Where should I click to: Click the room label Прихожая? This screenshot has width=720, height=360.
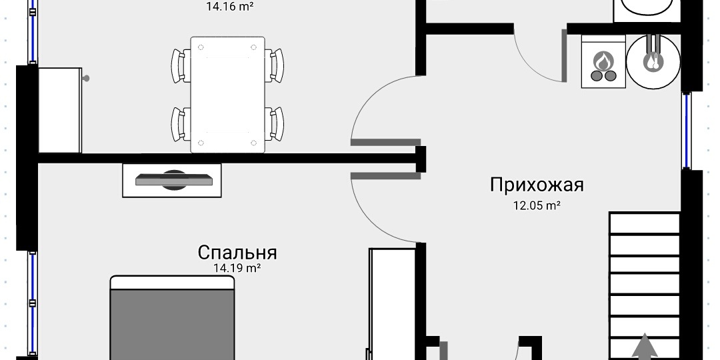537,185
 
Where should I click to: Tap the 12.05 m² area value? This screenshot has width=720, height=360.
536,206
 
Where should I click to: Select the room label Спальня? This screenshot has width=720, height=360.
237,253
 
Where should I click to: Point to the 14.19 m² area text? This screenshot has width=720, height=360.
236,269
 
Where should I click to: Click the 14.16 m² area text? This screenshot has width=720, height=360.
229,7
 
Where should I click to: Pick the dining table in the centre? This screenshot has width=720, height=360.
227,94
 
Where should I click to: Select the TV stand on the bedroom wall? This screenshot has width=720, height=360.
172,180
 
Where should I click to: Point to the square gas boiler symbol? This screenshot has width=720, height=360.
604,61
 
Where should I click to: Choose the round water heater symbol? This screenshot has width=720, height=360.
653,61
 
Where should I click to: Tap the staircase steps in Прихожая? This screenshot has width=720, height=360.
644,280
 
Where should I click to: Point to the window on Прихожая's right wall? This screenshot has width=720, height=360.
687,130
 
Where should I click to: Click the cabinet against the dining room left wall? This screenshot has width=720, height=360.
60,110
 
